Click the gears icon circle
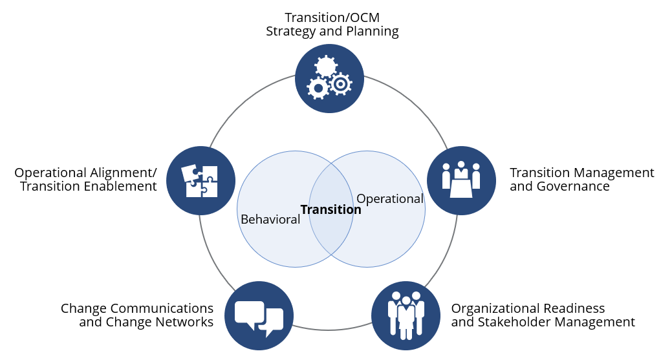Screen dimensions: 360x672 (329, 79)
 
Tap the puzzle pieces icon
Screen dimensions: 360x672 (201, 180)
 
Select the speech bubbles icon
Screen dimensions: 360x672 (259, 315)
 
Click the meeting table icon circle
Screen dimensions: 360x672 (461, 180)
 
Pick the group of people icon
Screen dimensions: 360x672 (406, 315)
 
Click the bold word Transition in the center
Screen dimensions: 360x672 (331, 209)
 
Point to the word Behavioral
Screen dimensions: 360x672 (270, 219)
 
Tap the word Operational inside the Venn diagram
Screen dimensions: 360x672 (390, 199)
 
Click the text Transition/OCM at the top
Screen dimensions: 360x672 (331, 17)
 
